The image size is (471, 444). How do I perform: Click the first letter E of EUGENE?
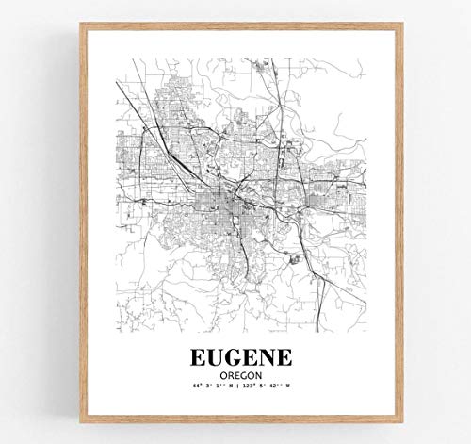tap(195, 360)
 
